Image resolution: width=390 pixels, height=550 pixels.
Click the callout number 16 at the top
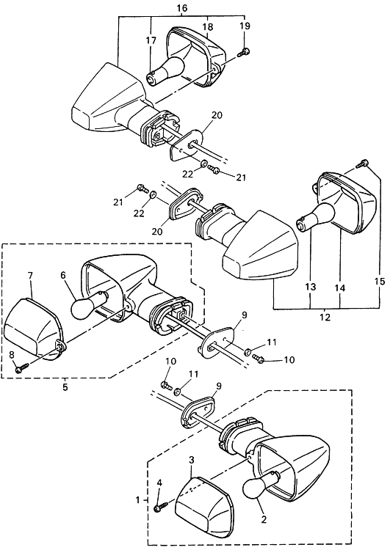[182, 8]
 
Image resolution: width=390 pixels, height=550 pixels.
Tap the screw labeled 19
[245, 53]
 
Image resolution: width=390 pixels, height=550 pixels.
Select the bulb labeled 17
[165, 70]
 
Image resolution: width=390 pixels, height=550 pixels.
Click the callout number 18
[207, 27]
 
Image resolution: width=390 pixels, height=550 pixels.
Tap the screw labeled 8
[22, 368]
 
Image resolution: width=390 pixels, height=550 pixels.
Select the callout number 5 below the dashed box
[65, 388]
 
